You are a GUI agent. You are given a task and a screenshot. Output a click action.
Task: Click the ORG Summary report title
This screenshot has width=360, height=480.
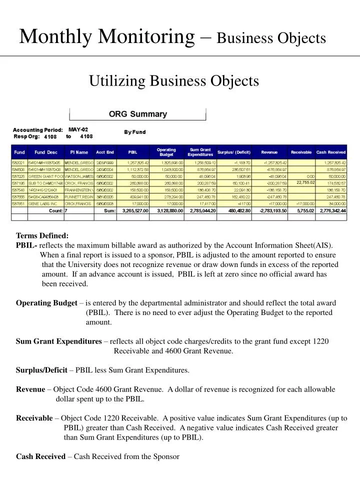[x=138, y=114]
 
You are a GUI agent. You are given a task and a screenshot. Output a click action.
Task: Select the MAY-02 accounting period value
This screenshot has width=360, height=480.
[x=78, y=129]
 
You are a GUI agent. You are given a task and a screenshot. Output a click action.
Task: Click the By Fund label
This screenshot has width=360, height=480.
[x=135, y=132]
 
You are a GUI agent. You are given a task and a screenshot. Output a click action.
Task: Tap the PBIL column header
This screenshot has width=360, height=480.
[x=132, y=152]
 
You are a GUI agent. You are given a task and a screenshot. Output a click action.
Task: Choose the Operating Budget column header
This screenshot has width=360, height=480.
[x=166, y=152]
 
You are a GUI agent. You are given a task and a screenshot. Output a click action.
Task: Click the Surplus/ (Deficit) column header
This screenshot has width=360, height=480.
[x=234, y=152]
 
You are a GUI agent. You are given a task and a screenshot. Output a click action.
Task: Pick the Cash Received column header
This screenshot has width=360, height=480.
[x=331, y=152]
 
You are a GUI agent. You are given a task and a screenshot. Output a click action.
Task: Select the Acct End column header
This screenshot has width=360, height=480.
[x=104, y=152]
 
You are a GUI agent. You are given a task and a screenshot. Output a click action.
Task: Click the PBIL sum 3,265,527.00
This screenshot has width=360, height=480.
[x=132, y=211]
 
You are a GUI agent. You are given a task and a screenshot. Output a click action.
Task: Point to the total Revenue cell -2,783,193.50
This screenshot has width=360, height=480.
[x=270, y=211]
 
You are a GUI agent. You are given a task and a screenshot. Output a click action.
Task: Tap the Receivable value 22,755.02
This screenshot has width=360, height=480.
[x=305, y=182]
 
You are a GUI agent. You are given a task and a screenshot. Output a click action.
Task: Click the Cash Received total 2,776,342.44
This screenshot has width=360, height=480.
[x=330, y=211]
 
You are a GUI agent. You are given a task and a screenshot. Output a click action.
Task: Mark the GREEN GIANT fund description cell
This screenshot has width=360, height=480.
[x=45, y=176]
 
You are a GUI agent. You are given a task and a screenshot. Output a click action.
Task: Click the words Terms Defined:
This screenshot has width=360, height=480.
[x=42, y=235]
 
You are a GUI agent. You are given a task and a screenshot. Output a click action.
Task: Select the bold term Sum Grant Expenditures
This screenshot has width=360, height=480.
[x=58, y=341]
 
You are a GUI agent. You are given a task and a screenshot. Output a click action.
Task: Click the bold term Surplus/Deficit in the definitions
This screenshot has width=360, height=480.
[x=41, y=370]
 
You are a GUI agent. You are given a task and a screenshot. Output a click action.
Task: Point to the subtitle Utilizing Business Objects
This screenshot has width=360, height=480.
[x=174, y=80]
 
